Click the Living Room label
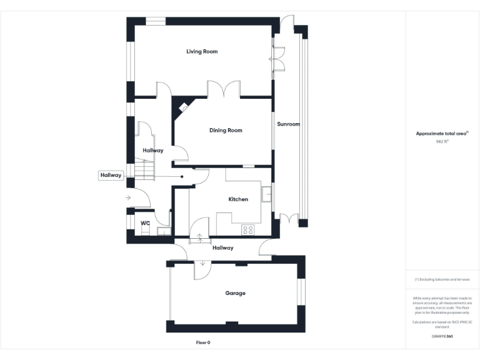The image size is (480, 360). tap(202, 51)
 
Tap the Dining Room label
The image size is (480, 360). tap(226, 130)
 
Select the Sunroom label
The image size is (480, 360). tap(288, 124)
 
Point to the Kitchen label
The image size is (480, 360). tap(238, 199)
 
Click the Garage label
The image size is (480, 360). tap(235, 292)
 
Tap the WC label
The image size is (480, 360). tap(145, 223)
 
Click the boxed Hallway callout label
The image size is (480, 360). tap(111, 176)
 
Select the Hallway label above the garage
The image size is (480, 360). tap(222, 247)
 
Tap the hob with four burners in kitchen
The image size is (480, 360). tap(247, 229)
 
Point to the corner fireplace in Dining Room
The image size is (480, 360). tap(184, 107)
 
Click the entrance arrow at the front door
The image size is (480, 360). tap(127, 197)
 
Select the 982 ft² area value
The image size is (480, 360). tap(442, 142)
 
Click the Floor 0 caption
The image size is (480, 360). tap(203, 342)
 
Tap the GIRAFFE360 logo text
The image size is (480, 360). tap(442, 336)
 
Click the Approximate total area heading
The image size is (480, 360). tap(442, 133)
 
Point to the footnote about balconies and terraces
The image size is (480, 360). tap(442, 279)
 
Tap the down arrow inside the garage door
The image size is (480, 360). tap(202, 262)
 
